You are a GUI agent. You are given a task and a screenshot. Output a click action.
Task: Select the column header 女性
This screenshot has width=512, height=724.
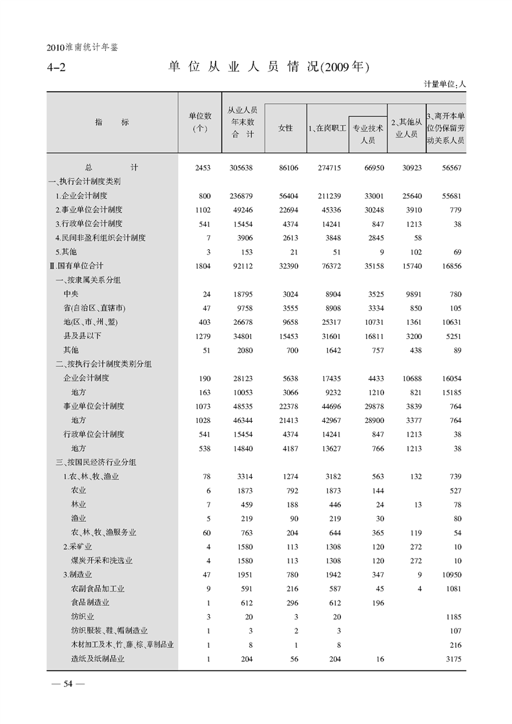click(x=285, y=129)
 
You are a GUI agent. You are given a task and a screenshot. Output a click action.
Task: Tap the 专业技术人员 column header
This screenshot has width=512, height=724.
click(x=367, y=134)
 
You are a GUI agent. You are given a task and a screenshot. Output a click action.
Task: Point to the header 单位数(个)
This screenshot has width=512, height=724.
click(x=200, y=122)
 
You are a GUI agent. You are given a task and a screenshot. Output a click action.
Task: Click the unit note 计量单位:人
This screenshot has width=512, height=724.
click(x=445, y=84)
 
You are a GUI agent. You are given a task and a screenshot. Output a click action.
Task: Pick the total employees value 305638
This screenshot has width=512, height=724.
click(x=241, y=167)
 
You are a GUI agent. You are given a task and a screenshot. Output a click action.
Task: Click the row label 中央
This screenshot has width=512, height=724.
click(x=70, y=294)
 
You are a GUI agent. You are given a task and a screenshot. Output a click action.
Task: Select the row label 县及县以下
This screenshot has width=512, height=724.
click(x=82, y=336)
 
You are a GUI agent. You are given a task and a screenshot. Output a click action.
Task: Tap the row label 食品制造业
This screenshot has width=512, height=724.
click(x=90, y=603)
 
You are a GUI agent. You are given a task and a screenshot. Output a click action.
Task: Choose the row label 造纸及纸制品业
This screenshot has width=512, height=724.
click(x=97, y=659)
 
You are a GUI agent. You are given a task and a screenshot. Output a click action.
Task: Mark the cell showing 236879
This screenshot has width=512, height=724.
click(x=241, y=196)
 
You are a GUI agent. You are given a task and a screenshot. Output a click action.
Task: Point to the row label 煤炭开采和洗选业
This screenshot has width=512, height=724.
click(x=101, y=561)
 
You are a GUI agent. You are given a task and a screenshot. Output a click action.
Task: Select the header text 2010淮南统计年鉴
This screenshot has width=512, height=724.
click(x=83, y=47)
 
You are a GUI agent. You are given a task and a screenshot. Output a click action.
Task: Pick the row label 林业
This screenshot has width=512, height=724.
click(x=78, y=504)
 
